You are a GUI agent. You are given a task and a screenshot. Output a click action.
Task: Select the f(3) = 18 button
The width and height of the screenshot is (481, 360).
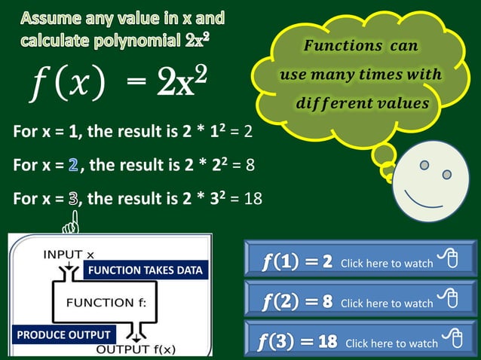(360, 340)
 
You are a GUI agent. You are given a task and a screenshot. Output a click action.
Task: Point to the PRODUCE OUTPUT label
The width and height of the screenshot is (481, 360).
(63, 334)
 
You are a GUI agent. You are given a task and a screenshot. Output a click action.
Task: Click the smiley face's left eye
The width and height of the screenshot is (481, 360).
(424, 165)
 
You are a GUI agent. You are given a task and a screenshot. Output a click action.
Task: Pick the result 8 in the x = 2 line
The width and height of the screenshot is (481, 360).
(250, 164)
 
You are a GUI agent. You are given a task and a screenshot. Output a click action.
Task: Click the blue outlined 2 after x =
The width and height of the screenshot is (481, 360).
(72, 164)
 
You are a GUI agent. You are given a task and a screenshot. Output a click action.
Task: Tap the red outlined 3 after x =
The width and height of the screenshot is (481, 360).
(73, 200)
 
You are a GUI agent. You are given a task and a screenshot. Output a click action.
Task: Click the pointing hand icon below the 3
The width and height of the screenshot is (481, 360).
(73, 224)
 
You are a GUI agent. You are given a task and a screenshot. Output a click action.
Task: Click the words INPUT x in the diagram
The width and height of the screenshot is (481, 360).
(69, 254)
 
